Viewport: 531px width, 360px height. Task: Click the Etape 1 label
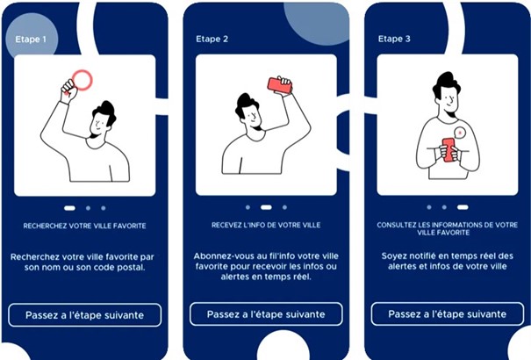coord(31,40)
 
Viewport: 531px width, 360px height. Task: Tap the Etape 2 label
coord(212,39)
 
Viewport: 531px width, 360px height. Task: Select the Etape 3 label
coord(394,39)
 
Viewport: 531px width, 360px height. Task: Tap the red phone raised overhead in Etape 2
coord(280,85)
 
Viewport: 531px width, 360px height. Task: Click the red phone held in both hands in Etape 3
coord(448,149)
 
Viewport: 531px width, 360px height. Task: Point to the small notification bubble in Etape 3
coord(460,133)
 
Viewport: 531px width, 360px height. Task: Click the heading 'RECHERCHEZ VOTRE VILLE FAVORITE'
coord(84,226)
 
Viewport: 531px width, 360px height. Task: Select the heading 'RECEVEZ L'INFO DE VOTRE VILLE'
coord(266,225)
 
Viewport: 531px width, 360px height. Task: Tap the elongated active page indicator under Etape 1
coord(69,208)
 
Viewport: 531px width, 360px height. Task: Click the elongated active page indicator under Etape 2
coord(266,207)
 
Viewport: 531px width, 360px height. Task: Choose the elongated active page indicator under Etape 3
coord(463,207)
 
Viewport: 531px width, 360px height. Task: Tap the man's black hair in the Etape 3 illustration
coord(447,83)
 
